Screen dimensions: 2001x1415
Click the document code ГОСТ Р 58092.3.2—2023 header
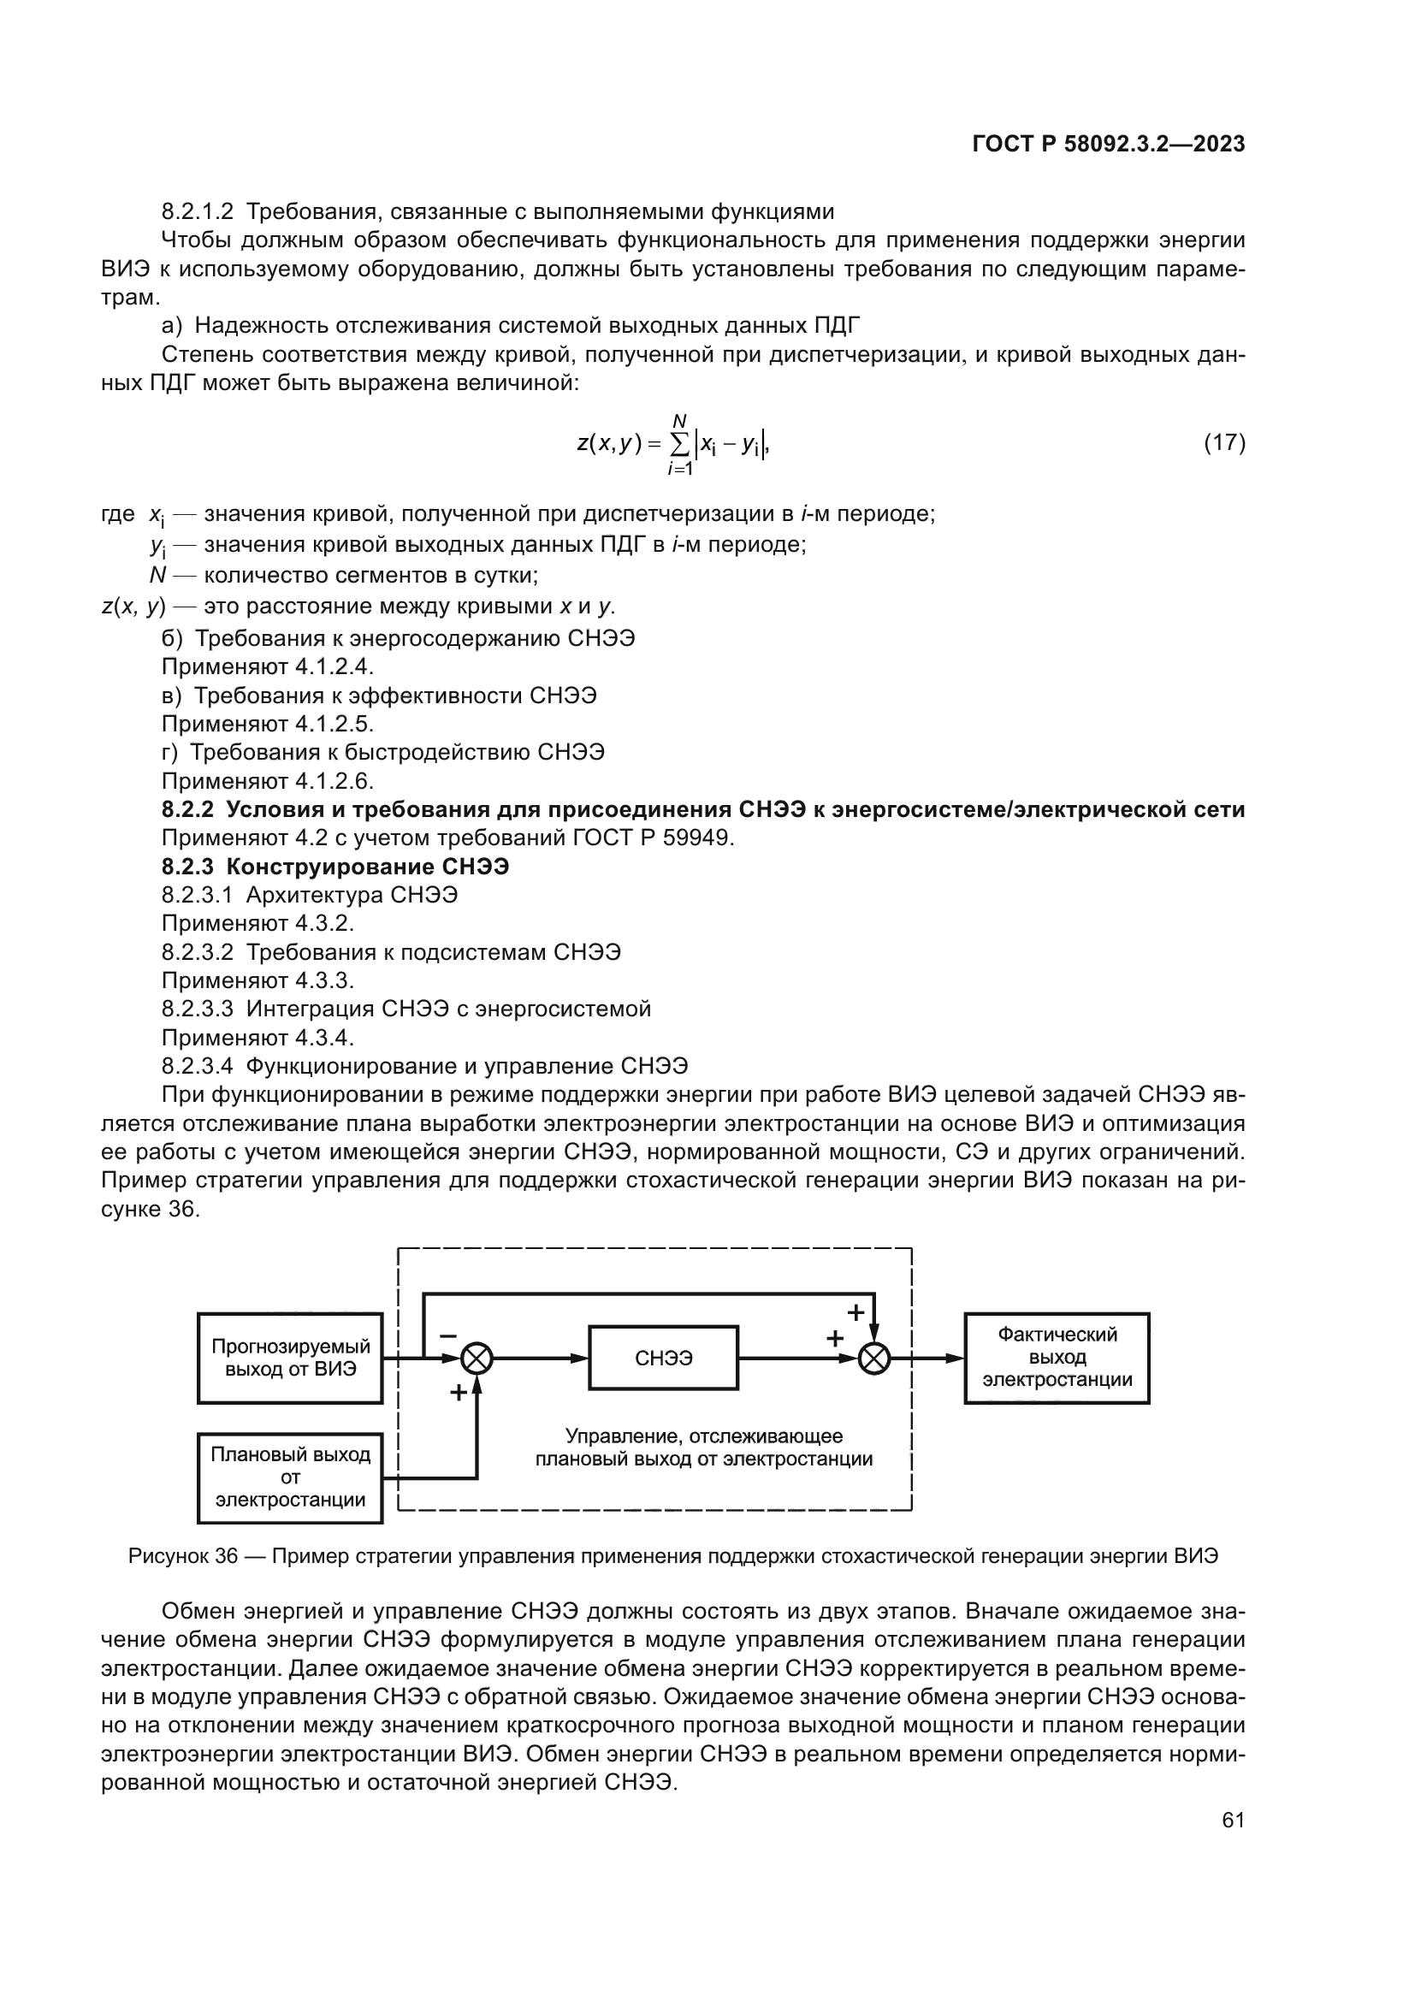click(x=1108, y=145)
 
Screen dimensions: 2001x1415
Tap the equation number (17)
click(x=1224, y=443)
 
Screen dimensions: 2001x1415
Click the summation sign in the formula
click(x=679, y=445)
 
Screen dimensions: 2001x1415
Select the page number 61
click(x=1233, y=1820)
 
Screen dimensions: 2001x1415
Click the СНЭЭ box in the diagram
click(x=663, y=1358)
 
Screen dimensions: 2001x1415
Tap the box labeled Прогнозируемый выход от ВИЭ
click(x=290, y=1358)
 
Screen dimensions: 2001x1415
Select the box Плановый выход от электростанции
click(x=290, y=1477)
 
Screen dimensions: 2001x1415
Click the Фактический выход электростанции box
click(x=1056, y=1358)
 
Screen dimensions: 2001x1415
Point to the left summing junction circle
click(x=477, y=1358)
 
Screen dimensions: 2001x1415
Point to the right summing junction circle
click(x=874, y=1358)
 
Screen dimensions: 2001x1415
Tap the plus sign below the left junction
click(x=458, y=1393)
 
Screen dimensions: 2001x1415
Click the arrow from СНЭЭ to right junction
click(x=797, y=1358)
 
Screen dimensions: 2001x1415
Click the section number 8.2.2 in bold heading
click(x=187, y=809)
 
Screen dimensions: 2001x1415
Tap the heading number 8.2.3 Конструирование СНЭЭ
click(x=187, y=867)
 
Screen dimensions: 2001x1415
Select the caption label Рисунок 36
click(x=183, y=1555)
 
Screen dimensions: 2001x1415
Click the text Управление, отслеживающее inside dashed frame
click(x=703, y=1436)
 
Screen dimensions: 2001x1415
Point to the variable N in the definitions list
click(x=157, y=575)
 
